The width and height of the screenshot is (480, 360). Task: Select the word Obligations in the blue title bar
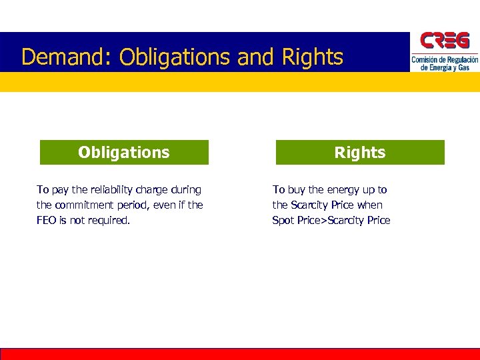tap(175, 57)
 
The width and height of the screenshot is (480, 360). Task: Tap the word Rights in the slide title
tap(313, 57)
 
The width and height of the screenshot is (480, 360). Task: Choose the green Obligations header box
tap(124, 152)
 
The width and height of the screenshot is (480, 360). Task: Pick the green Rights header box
tap(360, 152)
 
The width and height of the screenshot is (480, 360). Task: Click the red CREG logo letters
tap(444, 41)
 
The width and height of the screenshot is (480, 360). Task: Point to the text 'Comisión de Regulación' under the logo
tap(445, 60)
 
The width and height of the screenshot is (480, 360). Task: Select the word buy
tap(296, 190)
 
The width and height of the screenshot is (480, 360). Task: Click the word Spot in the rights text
tap(283, 221)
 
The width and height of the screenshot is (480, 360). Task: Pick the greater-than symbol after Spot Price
tap(325, 221)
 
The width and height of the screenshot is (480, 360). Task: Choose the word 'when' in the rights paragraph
tap(369, 205)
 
